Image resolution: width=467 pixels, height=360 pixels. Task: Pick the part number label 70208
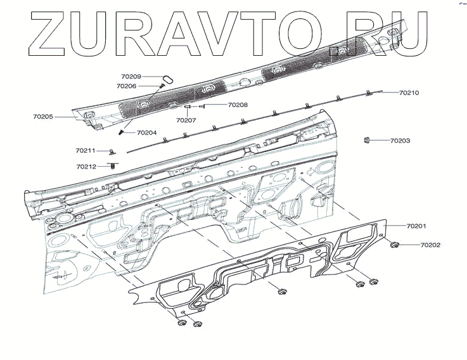pyautogui.click(x=238, y=105)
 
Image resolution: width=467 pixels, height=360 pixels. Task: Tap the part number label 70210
pyautogui.click(x=409, y=93)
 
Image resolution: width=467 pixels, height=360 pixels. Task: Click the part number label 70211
pyautogui.click(x=86, y=150)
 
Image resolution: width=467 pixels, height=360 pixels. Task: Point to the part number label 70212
pyautogui.click(x=86, y=167)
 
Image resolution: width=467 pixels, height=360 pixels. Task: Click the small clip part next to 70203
pyautogui.click(x=367, y=139)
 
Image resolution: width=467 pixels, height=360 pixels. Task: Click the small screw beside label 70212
pyautogui.click(x=113, y=165)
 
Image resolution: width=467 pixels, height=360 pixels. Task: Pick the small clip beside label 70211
pyautogui.click(x=112, y=151)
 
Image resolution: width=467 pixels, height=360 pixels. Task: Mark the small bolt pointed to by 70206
pyautogui.click(x=162, y=86)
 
